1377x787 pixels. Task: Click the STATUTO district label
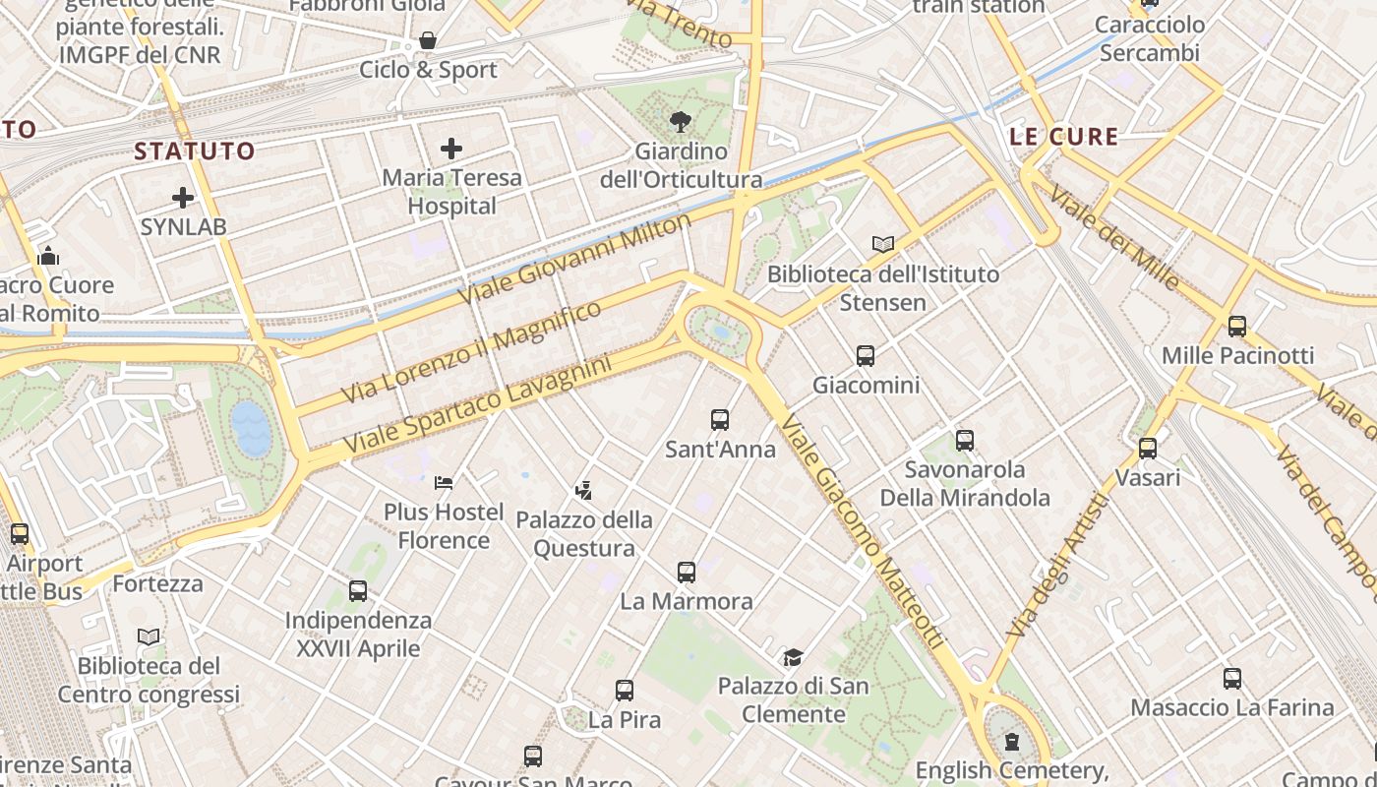(x=195, y=151)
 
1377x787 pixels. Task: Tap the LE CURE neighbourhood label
(x=1064, y=137)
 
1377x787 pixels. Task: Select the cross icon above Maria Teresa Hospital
(x=451, y=149)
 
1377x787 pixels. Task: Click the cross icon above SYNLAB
(x=183, y=198)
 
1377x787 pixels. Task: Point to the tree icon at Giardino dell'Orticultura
(x=680, y=122)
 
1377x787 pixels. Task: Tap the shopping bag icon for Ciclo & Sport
(x=428, y=40)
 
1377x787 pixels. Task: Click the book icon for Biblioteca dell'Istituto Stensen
(x=883, y=244)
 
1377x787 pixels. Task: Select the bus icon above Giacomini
(x=866, y=355)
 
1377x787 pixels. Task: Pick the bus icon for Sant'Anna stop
(x=720, y=420)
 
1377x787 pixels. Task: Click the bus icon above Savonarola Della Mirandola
(x=965, y=440)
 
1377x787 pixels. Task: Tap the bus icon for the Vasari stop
(x=1148, y=449)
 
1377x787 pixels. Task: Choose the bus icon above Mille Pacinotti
(x=1237, y=326)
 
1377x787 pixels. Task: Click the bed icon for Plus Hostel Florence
(x=444, y=482)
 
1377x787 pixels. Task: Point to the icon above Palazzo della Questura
(x=583, y=489)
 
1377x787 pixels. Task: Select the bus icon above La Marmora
(x=687, y=572)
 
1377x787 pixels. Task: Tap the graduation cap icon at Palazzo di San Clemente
(x=793, y=656)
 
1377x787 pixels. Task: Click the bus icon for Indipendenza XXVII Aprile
(x=358, y=591)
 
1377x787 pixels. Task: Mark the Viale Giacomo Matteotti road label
(x=863, y=531)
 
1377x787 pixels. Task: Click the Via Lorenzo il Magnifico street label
(x=471, y=352)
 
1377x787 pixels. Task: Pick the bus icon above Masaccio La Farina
(x=1232, y=678)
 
